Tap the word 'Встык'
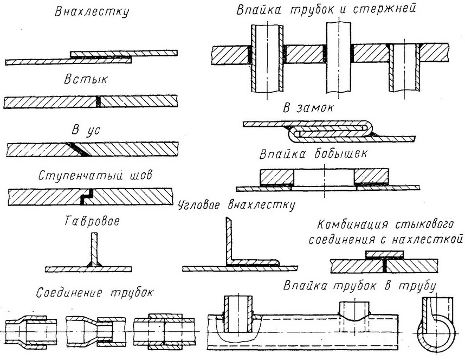coord(86,80)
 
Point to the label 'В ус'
coord(86,130)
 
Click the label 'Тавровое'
coord(92,221)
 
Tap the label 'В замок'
coord(308,108)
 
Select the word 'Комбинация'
coord(353,224)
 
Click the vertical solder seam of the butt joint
coord(99,102)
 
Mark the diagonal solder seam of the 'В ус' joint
coord(76,149)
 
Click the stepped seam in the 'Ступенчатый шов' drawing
coord(87,196)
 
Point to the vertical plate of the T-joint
coord(94,248)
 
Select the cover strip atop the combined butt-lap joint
coord(385,255)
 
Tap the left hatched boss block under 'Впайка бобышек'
coord(277,176)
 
